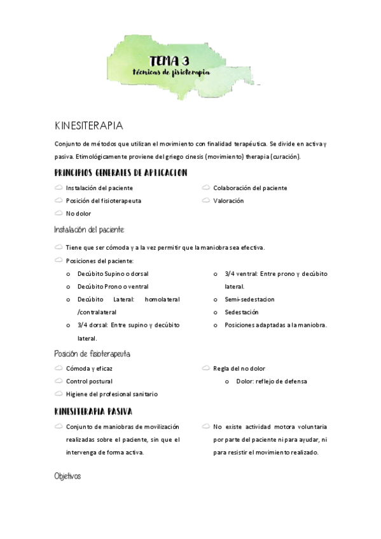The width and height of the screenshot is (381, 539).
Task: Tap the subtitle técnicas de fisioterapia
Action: (x=171, y=72)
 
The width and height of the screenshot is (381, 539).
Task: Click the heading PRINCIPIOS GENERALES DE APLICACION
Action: (x=121, y=173)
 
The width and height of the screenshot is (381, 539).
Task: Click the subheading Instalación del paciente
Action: (x=90, y=229)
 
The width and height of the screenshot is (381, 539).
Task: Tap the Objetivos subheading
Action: (x=67, y=476)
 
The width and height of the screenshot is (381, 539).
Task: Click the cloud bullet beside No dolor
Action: (x=59, y=213)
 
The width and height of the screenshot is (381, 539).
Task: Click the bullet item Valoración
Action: (x=228, y=201)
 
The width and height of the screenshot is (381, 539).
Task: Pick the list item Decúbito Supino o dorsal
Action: (x=113, y=273)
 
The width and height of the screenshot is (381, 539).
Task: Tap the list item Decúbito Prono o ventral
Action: (x=113, y=287)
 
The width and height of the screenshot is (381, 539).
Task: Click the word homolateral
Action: (x=162, y=299)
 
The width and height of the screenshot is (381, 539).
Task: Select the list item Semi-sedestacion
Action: (x=249, y=299)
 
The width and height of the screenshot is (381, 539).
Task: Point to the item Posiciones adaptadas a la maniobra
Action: (x=275, y=325)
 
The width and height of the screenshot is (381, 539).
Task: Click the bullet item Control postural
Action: (x=89, y=381)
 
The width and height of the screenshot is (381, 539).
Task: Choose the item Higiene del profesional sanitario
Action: (x=112, y=394)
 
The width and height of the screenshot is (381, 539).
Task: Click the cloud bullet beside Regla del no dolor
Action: (x=206, y=368)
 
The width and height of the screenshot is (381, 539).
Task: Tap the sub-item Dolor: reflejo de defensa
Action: (x=271, y=381)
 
